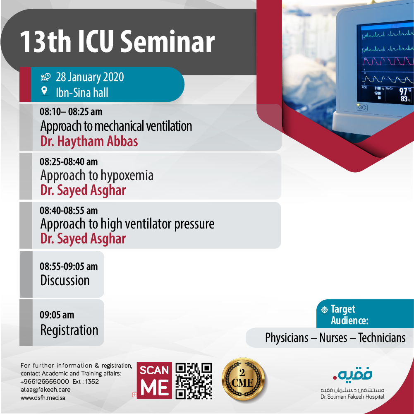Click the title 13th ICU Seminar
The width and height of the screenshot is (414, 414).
[x=117, y=41]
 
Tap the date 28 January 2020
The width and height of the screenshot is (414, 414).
[x=90, y=77]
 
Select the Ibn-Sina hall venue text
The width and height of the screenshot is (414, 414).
[x=82, y=92]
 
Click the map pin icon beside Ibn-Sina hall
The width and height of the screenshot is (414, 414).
[x=44, y=91]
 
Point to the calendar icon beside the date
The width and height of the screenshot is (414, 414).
[x=45, y=77]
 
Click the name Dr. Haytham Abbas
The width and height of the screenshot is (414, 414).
[x=89, y=141]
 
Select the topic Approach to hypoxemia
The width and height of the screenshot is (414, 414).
[x=97, y=176]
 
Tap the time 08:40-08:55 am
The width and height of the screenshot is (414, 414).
[x=69, y=210]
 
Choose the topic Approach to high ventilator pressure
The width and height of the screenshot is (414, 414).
[x=127, y=224]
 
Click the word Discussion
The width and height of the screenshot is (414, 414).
[x=65, y=280]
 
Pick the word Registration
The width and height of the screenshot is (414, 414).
[x=69, y=330]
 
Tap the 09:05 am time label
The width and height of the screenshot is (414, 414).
[x=57, y=315]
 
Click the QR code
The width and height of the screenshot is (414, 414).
[x=194, y=381]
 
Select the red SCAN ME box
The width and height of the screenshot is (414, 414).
[x=154, y=380]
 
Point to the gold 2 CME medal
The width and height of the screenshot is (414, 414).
[x=244, y=379]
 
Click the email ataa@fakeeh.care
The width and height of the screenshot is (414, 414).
[x=45, y=390]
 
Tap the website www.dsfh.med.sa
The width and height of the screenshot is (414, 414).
[x=43, y=397]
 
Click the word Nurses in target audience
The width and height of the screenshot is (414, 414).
[x=333, y=338]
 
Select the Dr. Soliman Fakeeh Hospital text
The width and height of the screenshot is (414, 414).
[x=352, y=397]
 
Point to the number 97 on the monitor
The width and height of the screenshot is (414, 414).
[x=403, y=91]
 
